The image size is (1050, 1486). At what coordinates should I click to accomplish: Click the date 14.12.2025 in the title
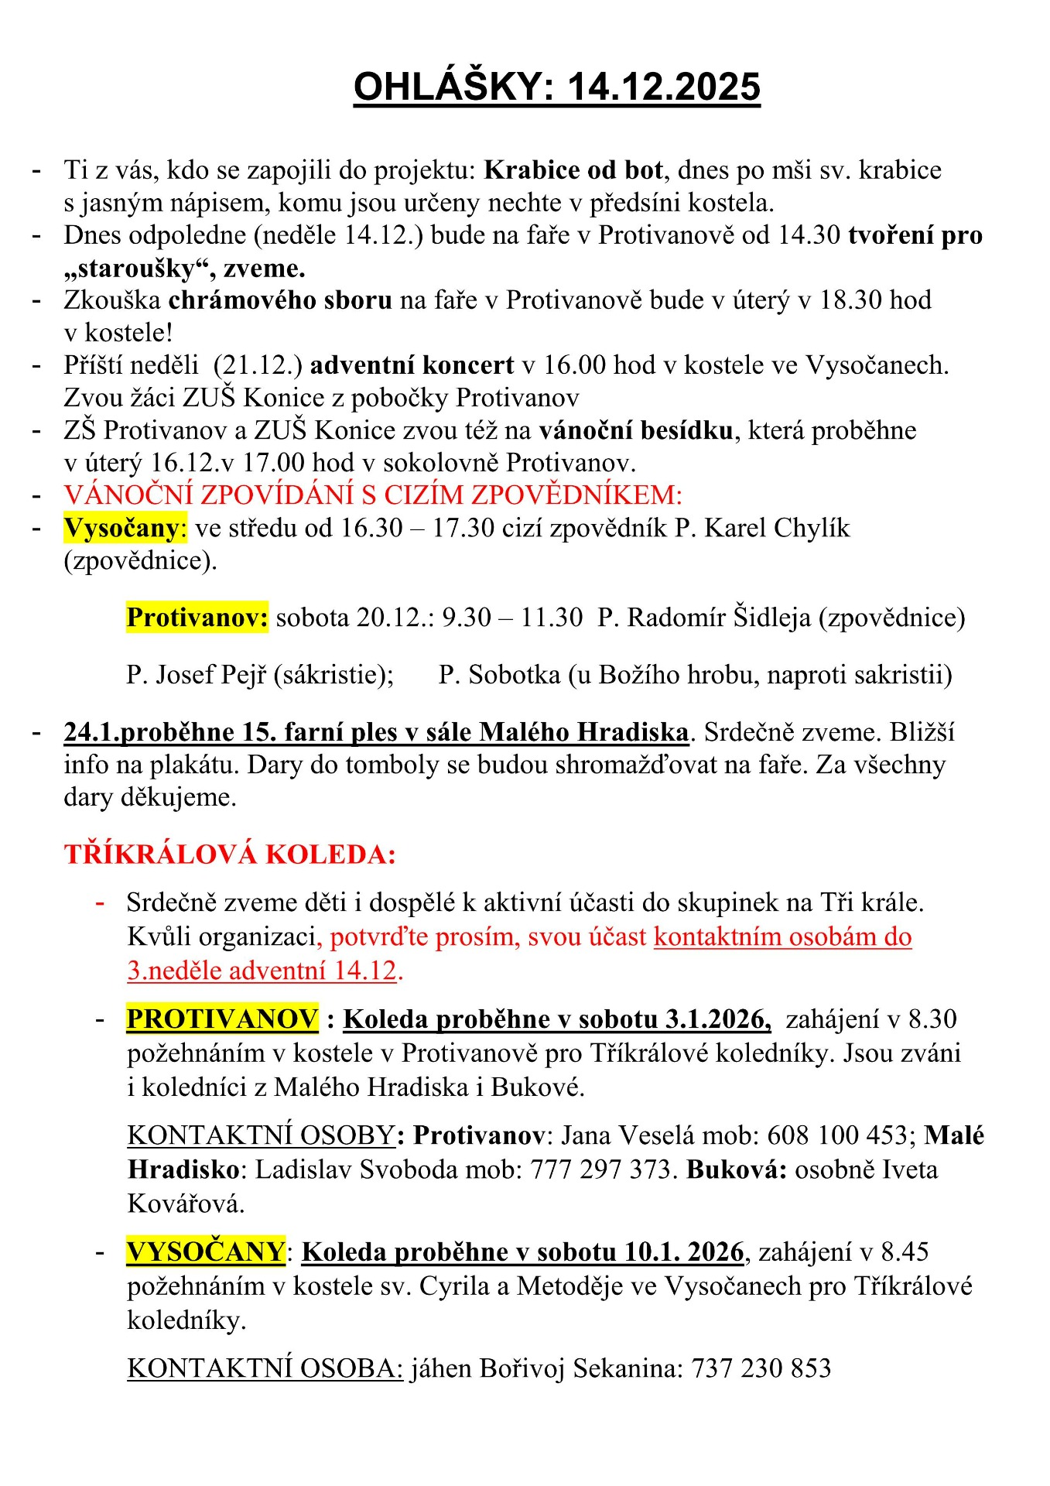[664, 87]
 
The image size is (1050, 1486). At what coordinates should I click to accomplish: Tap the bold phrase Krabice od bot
[573, 170]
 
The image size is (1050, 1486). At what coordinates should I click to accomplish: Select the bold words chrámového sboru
[280, 300]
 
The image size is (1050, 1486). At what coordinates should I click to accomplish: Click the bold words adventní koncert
[412, 365]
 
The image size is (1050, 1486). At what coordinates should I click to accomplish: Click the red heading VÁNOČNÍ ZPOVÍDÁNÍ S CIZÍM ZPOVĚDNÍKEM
[372, 495]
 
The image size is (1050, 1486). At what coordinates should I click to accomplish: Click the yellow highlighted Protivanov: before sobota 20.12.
[197, 618]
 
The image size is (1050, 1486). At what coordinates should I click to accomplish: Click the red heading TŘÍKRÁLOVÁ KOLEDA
[230, 855]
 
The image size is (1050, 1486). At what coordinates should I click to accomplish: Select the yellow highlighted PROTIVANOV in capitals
[223, 1019]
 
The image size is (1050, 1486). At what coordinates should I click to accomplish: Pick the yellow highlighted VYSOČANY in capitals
[206, 1252]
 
